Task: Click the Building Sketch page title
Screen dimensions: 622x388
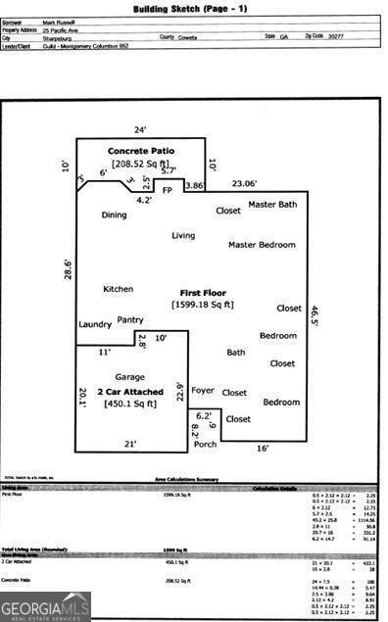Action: click(190, 9)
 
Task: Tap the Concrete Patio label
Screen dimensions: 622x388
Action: click(141, 151)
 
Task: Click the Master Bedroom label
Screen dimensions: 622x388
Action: click(262, 244)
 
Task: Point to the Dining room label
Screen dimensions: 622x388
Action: click(115, 215)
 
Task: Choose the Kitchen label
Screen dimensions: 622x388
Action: click(118, 289)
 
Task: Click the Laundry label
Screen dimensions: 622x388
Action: click(95, 324)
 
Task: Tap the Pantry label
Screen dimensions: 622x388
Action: click(130, 319)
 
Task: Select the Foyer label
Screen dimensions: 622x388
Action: click(202, 390)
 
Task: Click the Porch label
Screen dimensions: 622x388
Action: click(205, 444)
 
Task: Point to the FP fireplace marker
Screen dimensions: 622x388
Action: click(167, 189)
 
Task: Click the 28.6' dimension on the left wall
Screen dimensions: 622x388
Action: click(68, 268)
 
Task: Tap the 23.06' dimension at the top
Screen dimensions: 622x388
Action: click(244, 183)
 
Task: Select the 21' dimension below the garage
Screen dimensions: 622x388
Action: click(129, 445)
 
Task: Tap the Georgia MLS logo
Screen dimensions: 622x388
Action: click(45, 606)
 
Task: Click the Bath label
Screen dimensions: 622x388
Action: click(236, 353)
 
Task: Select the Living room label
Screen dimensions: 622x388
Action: click(183, 235)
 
